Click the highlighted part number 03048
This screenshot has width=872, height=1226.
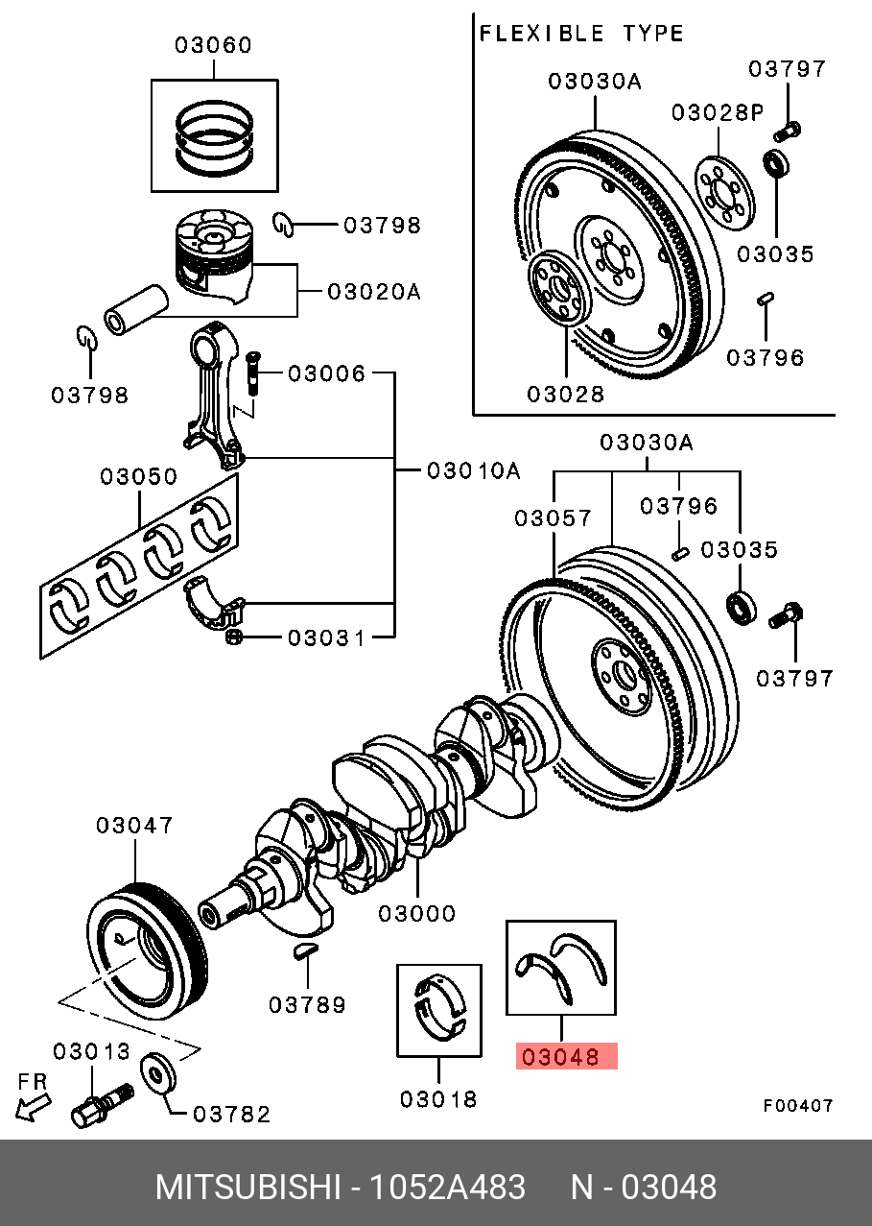click(566, 1058)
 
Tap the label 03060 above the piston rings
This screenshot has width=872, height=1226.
click(213, 44)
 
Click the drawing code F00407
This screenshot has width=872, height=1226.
click(797, 1106)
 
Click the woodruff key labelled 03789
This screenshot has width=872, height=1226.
click(302, 951)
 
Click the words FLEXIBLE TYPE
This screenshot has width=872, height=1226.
click(581, 34)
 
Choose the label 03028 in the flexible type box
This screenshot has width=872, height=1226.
click(565, 393)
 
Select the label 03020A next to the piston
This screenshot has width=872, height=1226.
click(373, 291)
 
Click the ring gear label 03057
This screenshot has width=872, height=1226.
click(553, 518)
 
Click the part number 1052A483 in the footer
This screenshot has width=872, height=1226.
click(456, 1187)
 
